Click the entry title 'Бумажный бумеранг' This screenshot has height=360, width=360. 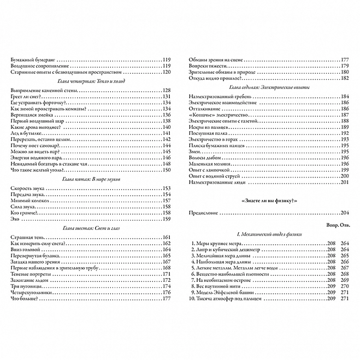(x=33, y=59)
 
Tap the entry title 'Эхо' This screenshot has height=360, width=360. (x=14, y=219)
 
